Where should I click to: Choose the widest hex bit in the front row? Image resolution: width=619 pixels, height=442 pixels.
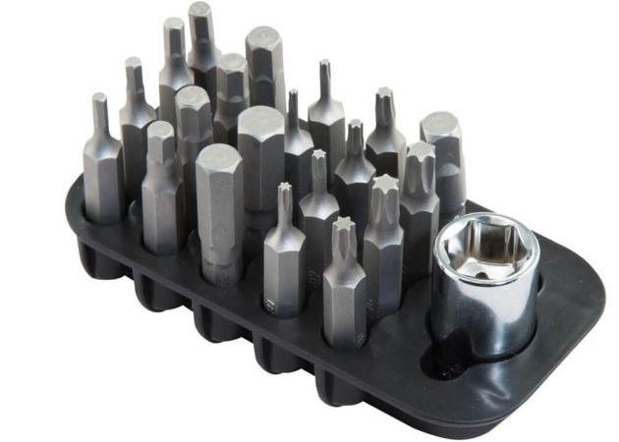coord(218,211)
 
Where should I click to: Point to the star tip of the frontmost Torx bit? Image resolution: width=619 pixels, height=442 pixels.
coord(343,234)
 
